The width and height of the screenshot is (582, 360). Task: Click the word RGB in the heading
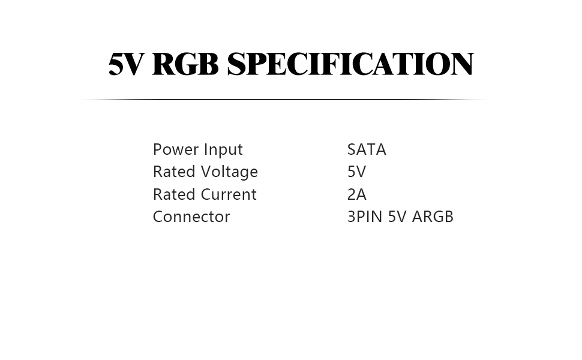(185, 64)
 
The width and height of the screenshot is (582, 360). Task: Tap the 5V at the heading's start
(126, 64)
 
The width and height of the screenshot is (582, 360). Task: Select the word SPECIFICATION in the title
(350, 64)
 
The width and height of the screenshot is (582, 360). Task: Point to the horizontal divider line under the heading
(282, 100)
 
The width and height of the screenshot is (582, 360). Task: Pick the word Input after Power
(223, 150)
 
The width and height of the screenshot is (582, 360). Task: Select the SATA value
(367, 149)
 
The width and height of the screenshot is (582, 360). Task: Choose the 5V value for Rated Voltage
(356, 172)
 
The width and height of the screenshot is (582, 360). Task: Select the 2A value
(356, 194)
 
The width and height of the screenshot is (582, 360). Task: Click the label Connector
(191, 217)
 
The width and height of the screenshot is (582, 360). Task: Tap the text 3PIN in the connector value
(365, 217)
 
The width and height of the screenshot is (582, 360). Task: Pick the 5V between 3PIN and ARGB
(397, 217)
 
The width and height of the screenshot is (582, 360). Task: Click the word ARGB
(433, 217)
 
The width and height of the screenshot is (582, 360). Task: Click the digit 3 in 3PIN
(351, 217)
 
